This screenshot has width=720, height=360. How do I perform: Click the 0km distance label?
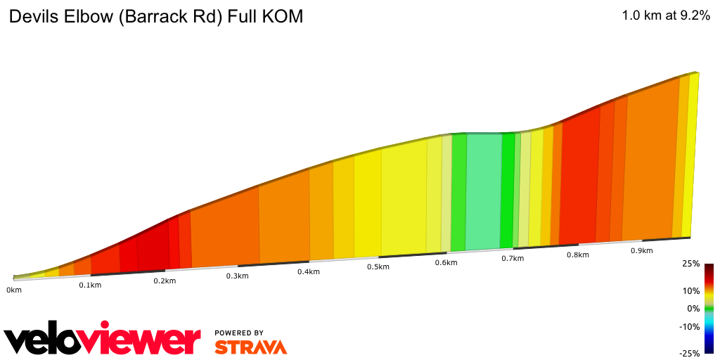tap(13, 290)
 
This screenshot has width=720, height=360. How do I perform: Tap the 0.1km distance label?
tap(90, 285)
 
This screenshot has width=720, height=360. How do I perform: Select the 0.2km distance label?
tap(165, 281)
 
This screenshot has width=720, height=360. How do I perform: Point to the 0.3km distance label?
tap(237, 276)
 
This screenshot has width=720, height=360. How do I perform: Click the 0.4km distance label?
tap(309, 271)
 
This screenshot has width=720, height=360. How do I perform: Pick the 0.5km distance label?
tap(378, 267)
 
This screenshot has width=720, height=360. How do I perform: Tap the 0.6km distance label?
tap(446, 263)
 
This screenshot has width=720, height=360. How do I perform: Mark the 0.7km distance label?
tap(513, 259)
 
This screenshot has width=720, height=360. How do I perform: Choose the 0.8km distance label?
tap(578, 255)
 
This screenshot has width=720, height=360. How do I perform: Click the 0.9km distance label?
tap(641, 251)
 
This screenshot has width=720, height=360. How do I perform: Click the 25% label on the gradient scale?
tap(690, 264)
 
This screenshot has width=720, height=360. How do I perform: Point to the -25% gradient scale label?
tap(689, 353)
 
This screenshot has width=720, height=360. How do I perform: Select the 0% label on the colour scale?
tap(693, 308)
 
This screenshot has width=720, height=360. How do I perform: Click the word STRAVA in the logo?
tap(250, 347)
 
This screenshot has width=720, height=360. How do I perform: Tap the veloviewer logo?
tap(103, 340)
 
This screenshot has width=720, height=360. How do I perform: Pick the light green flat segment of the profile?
tap(483, 190)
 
